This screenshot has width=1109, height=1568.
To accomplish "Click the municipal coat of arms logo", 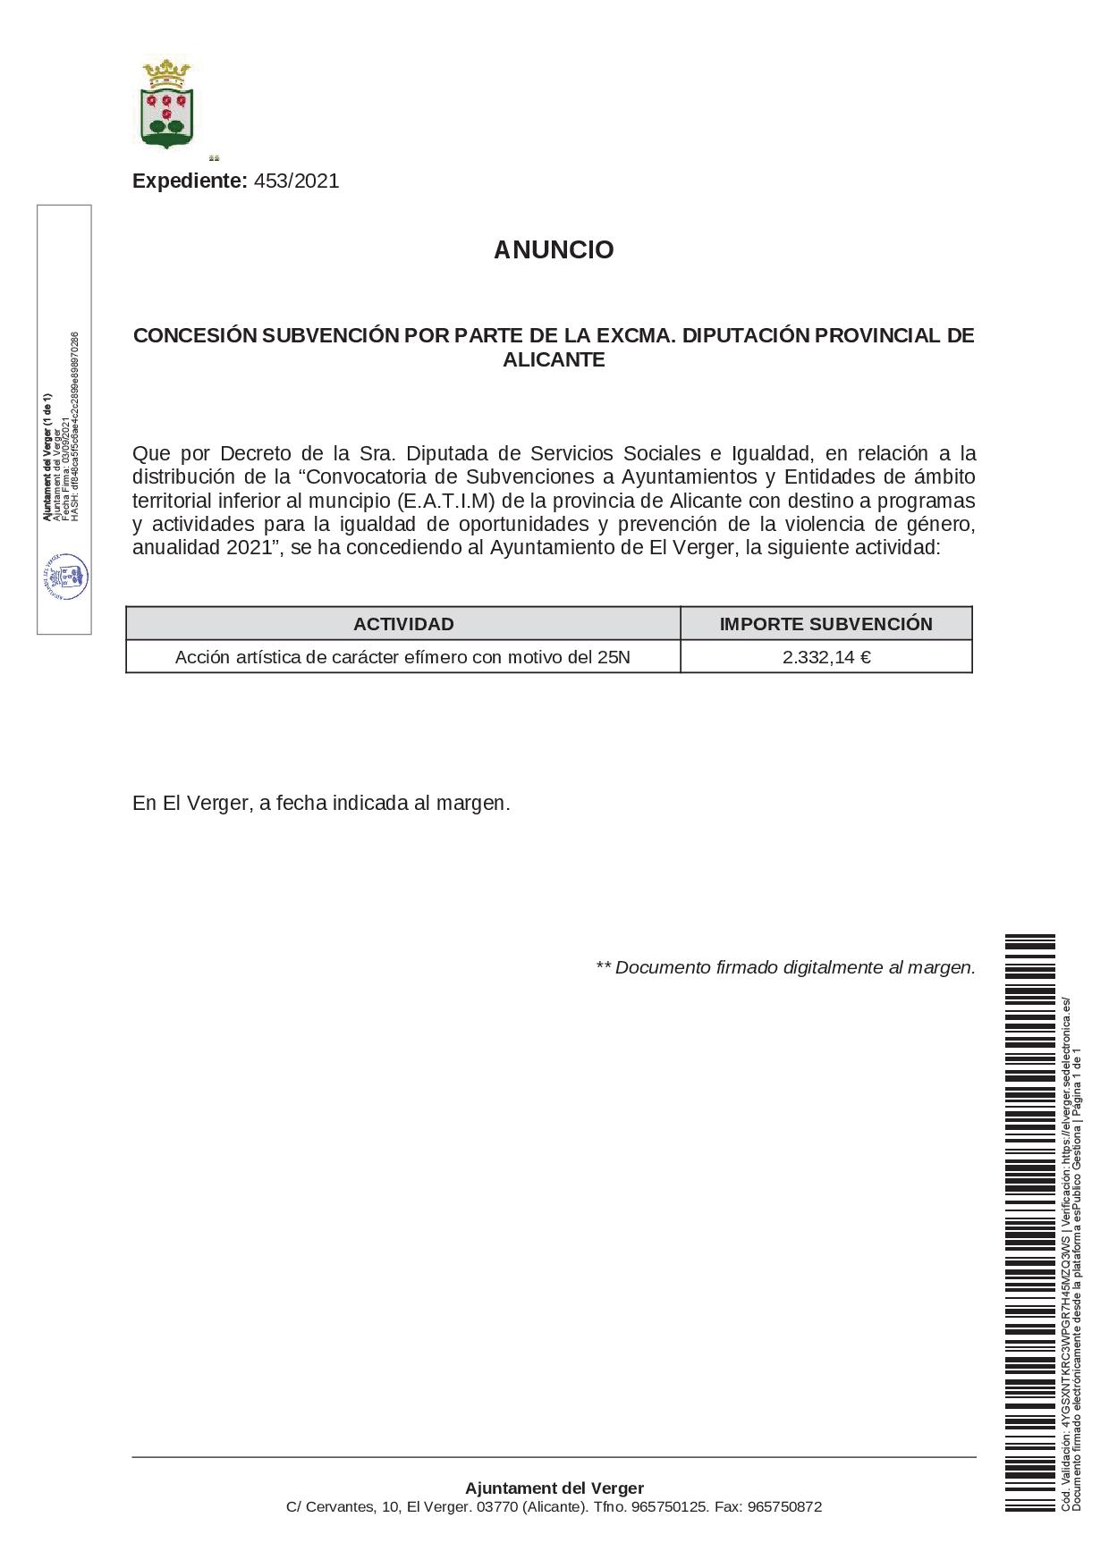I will tap(167, 104).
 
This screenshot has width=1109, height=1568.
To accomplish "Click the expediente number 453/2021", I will tap(296, 181).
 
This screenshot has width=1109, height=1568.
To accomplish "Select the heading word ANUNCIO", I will tap(554, 250).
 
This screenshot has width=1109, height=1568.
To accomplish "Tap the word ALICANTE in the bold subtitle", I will tap(554, 360).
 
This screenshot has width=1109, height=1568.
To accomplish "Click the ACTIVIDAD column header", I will tap(403, 624).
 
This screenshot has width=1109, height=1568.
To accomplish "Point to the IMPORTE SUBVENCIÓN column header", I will tap(825, 624).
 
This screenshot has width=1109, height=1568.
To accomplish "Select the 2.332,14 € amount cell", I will tap(825, 657).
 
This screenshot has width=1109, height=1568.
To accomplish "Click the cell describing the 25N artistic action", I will tap(402, 657).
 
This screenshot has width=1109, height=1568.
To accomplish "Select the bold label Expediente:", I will tap(190, 181).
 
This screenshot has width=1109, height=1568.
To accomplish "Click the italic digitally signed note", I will tap(785, 967).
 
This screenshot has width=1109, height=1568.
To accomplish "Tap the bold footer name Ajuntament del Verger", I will tap(554, 1488).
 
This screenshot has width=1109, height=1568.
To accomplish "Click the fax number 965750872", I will tap(783, 1507).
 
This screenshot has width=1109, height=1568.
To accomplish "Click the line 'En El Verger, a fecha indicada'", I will tap(321, 803).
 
